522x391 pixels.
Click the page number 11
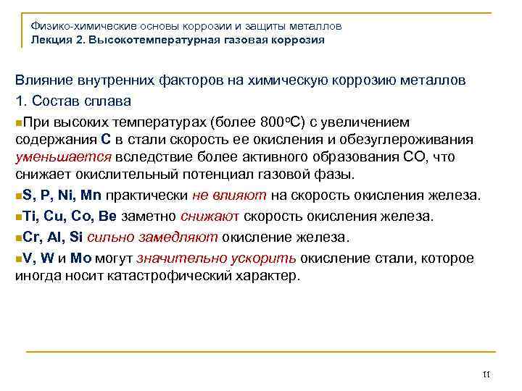tap(486, 374)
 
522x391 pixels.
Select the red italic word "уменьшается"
tap(63, 157)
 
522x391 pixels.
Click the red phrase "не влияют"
tap(229, 195)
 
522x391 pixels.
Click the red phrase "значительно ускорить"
tap(217, 258)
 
